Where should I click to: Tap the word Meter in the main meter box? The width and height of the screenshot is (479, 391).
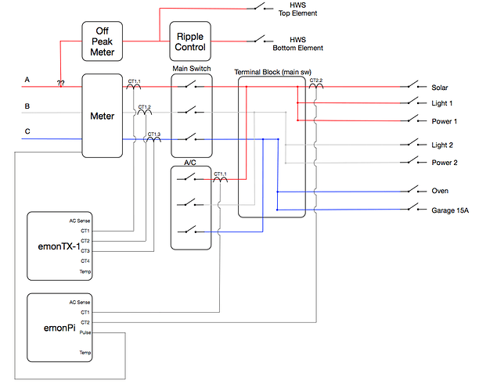click(x=102, y=116)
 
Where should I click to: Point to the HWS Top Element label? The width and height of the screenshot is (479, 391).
click(x=298, y=9)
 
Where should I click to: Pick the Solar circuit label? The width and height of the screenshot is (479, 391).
click(x=440, y=88)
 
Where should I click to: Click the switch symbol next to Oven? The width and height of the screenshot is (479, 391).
click(x=413, y=190)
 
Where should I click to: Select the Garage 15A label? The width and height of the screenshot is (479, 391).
click(x=450, y=210)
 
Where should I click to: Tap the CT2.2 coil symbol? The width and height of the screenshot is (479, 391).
click(x=316, y=86)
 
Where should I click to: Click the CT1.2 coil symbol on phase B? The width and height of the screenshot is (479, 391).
click(x=145, y=113)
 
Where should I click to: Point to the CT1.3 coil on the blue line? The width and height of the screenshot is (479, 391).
click(x=153, y=139)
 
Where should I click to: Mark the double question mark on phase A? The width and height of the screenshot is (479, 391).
click(x=60, y=83)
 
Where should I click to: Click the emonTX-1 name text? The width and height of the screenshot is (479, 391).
click(x=59, y=246)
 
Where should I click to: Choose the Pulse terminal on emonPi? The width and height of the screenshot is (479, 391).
click(x=85, y=332)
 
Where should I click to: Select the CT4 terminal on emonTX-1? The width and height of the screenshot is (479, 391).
click(x=85, y=261)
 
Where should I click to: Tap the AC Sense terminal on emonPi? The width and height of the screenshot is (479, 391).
click(x=80, y=302)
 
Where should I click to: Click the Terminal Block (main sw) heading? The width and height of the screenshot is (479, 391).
click(x=273, y=72)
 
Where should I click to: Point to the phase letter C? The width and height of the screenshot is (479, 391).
click(x=27, y=131)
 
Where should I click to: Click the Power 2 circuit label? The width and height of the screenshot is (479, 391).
click(x=445, y=163)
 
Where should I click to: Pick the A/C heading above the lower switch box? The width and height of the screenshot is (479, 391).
click(x=190, y=163)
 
